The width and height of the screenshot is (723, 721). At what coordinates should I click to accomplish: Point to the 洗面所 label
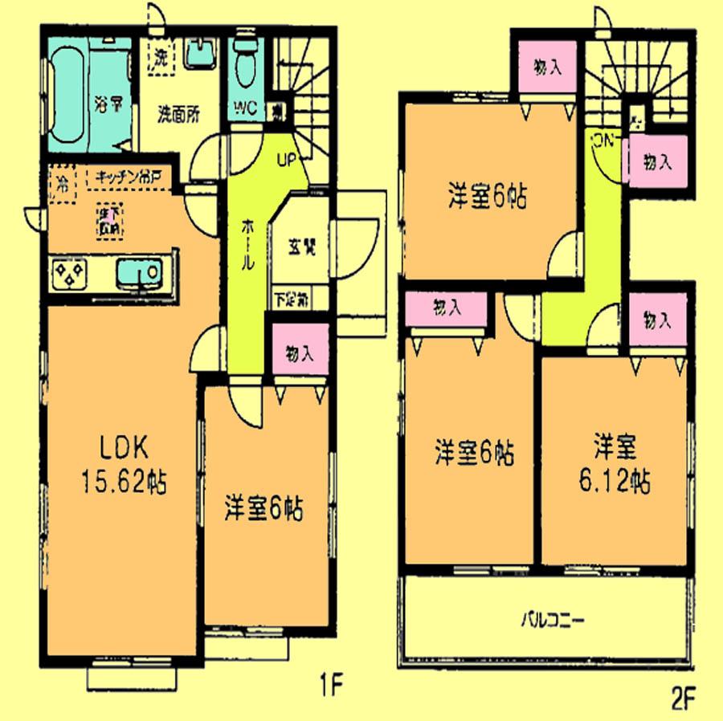(x=178, y=114)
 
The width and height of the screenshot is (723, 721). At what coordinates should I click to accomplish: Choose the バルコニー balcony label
(x=551, y=620)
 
